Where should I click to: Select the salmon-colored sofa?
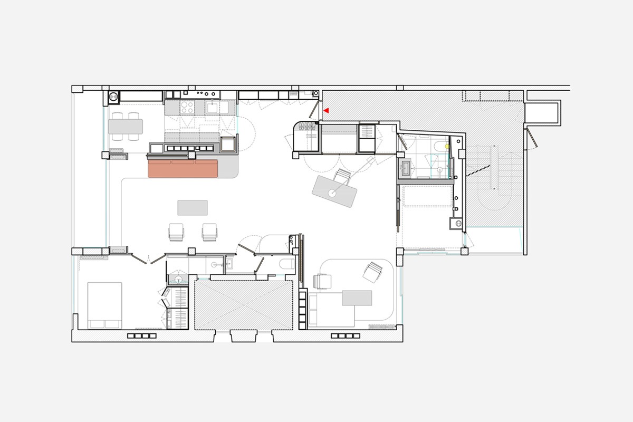183,169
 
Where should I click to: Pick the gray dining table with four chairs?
126,127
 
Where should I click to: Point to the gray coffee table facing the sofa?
193,208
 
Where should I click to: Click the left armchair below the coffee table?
176,232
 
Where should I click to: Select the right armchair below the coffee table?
209,232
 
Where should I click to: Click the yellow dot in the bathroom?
447,146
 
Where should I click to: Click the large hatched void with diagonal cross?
244,305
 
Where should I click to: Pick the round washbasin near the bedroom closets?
178,280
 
